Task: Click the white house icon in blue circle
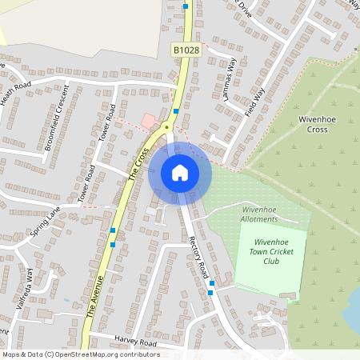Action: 180,173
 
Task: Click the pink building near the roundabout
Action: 149,121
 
